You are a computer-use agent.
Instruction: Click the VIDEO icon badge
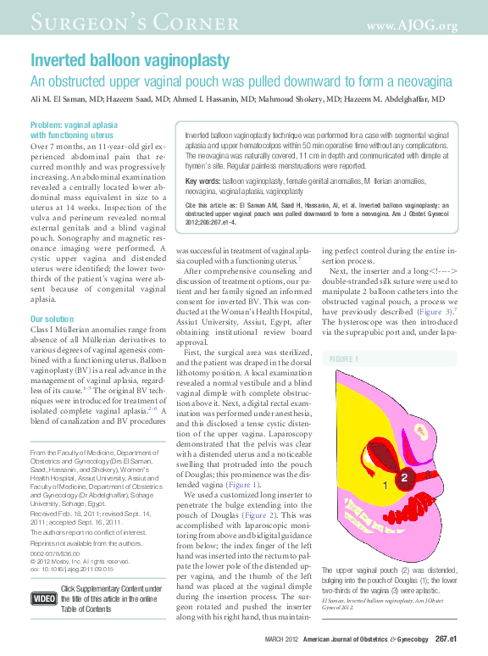(43, 598)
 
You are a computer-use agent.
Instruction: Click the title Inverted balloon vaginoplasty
(130, 61)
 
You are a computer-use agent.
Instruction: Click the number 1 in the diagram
(385, 486)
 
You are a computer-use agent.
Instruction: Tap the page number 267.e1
(446, 638)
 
